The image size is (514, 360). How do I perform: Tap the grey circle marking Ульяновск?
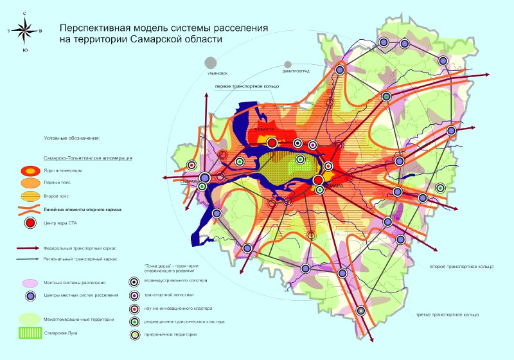click(x=210, y=62)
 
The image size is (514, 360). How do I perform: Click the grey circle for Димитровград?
click(x=287, y=65)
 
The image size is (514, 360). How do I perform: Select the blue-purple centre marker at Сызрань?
click(x=205, y=177)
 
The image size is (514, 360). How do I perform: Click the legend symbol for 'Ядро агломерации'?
click(x=30, y=171)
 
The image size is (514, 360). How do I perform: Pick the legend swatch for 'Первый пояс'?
click(x=30, y=184)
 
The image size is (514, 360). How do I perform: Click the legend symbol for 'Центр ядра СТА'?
click(x=30, y=224)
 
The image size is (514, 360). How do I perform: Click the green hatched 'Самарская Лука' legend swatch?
click(x=30, y=333)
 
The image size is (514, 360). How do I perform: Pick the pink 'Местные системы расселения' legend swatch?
click(x=30, y=283)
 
